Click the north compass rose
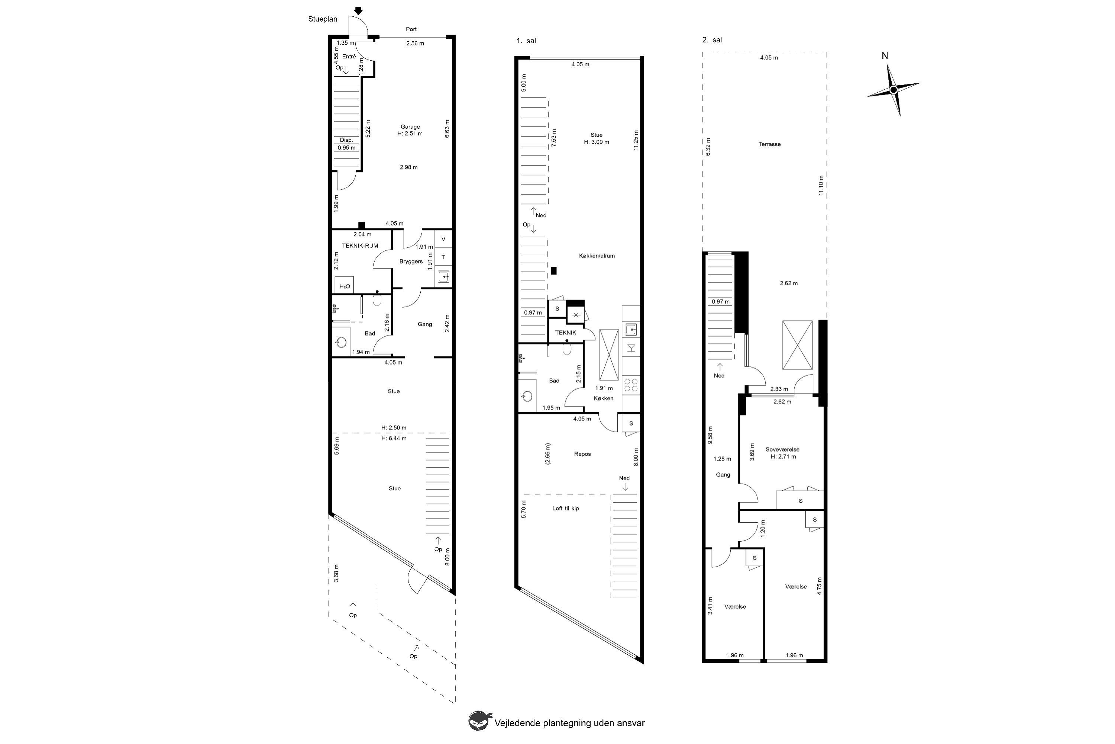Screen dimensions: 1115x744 coord(893,90)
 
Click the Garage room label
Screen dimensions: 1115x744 coord(410,127)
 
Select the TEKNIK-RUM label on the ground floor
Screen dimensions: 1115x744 coord(360,246)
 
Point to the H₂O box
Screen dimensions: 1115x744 coord(345,286)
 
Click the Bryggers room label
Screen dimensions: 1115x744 coord(411,262)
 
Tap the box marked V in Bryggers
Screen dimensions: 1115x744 coord(443,239)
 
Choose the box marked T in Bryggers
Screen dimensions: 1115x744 coord(443,257)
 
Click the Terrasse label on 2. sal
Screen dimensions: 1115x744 coord(769,144)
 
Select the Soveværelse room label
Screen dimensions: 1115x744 coord(782,449)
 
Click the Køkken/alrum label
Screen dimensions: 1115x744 coord(597,256)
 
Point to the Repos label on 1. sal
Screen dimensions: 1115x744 coord(582,454)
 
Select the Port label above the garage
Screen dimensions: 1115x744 coord(411,29)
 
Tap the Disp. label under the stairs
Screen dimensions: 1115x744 coord(346,140)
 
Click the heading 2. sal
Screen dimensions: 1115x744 coord(712,40)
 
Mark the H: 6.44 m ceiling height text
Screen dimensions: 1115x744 coord(394,439)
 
